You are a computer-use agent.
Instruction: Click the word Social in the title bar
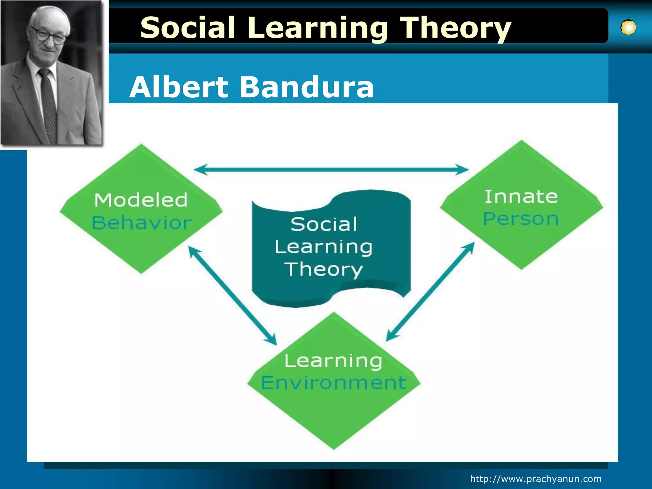pos(188,28)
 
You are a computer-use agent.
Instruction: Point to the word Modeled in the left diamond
pos(141,200)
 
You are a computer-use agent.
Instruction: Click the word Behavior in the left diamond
pos(142,223)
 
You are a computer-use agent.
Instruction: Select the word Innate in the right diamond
pos(521,196)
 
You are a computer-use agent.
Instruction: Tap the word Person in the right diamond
pos(521,219)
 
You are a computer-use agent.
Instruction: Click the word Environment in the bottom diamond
pos(334,382)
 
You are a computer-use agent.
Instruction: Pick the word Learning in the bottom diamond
pos(333,361)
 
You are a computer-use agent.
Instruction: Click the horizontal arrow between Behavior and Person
pos(331,169)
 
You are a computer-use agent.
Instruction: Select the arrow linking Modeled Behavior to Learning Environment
pos(232,295)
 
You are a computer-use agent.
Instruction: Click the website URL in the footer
pos(536,479)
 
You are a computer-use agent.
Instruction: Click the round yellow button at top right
pos(628,27)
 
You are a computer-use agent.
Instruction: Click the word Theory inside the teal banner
pos(323,269)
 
